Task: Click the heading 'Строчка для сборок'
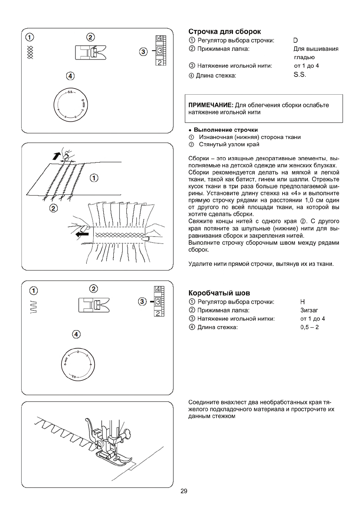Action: tap(224, 32)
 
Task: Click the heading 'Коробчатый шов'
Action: tap(219, 293)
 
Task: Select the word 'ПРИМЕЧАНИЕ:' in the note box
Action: tap(211, 105)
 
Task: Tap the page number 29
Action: tap(184, 491)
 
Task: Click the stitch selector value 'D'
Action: tap(296, 41)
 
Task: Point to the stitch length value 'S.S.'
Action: tap(300, 75)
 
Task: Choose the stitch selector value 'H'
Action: tap(303, 302)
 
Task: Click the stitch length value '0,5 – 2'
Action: tap(309, 327)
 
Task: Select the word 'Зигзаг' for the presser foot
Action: tap(309, 310)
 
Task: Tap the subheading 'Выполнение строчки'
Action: tap(226, 130)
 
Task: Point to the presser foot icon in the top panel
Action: tap(90, 52)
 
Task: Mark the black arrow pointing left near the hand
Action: tap(82, 234)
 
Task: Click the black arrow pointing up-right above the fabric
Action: tap(56, 156)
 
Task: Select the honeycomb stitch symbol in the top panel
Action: tap(30, 52)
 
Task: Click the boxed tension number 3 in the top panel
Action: tap(160, 51)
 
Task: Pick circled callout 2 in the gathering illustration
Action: tap(53, 208)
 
